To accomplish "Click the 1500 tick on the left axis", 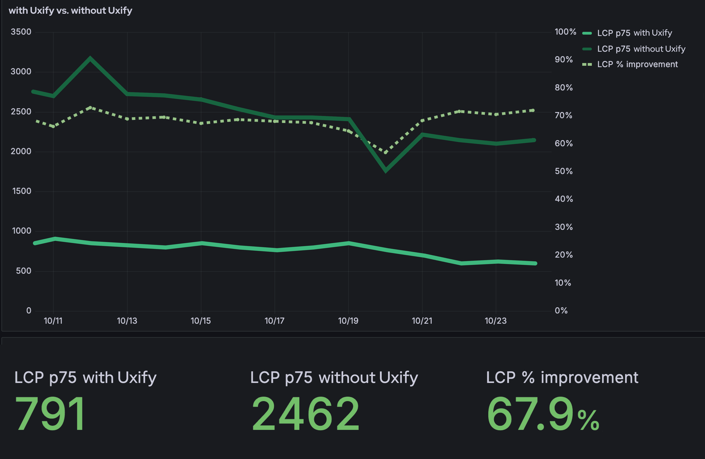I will click(22, 191).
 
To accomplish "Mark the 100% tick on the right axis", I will click(565, 32).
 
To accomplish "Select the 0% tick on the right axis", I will click(561, 311).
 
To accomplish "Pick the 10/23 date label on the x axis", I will click(495, 321).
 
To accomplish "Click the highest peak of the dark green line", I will click(90, 58).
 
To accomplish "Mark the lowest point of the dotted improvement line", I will click(385, 152).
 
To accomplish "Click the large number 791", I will click(50, 414).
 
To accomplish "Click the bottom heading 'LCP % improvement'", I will click(562, 378).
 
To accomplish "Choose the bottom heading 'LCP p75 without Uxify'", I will click(334, 378).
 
